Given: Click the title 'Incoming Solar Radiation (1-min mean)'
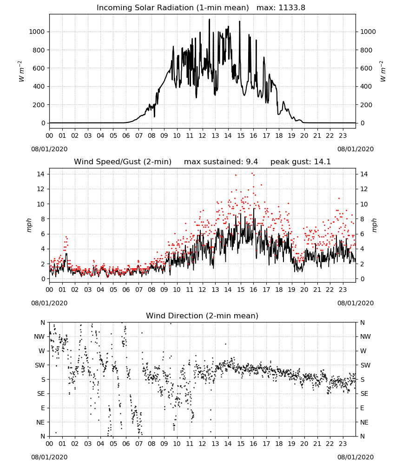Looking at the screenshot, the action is (x=173, y=8).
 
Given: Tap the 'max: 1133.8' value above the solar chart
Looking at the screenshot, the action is (x=281, y=8).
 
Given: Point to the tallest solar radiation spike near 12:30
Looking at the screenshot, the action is (x=209, y=19).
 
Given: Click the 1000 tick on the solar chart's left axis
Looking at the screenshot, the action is (x=37, y=32).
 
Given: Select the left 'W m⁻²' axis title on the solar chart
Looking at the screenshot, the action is (x=21, y=71).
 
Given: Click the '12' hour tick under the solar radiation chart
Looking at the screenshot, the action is (x=203, y=136).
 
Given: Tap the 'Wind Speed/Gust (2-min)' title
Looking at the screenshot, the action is (x=123, y=162).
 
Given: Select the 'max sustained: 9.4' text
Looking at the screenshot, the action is (x=221, y=162).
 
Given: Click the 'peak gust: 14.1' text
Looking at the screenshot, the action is (x=301, y=162).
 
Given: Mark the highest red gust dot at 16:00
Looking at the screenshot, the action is (x=252, y=174).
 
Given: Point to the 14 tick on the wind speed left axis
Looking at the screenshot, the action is (x=41, y=174).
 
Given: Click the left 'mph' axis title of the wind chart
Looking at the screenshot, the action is (x=29, y=225).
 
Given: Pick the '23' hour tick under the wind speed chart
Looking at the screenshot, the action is (x=342, y=290).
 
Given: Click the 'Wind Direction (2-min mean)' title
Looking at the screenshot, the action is (x=202, y=316).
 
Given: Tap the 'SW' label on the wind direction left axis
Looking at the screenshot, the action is (x=40, y=365).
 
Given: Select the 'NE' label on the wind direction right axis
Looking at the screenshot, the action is (x=364, y=422).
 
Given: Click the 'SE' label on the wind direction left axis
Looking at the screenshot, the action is (x=41, y=393).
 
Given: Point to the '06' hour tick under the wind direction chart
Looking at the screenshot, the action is (x=126, y=444).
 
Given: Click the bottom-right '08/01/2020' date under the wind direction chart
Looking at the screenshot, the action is (x=355, y=457).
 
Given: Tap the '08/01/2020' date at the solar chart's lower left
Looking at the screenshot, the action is (x=49, y=149).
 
